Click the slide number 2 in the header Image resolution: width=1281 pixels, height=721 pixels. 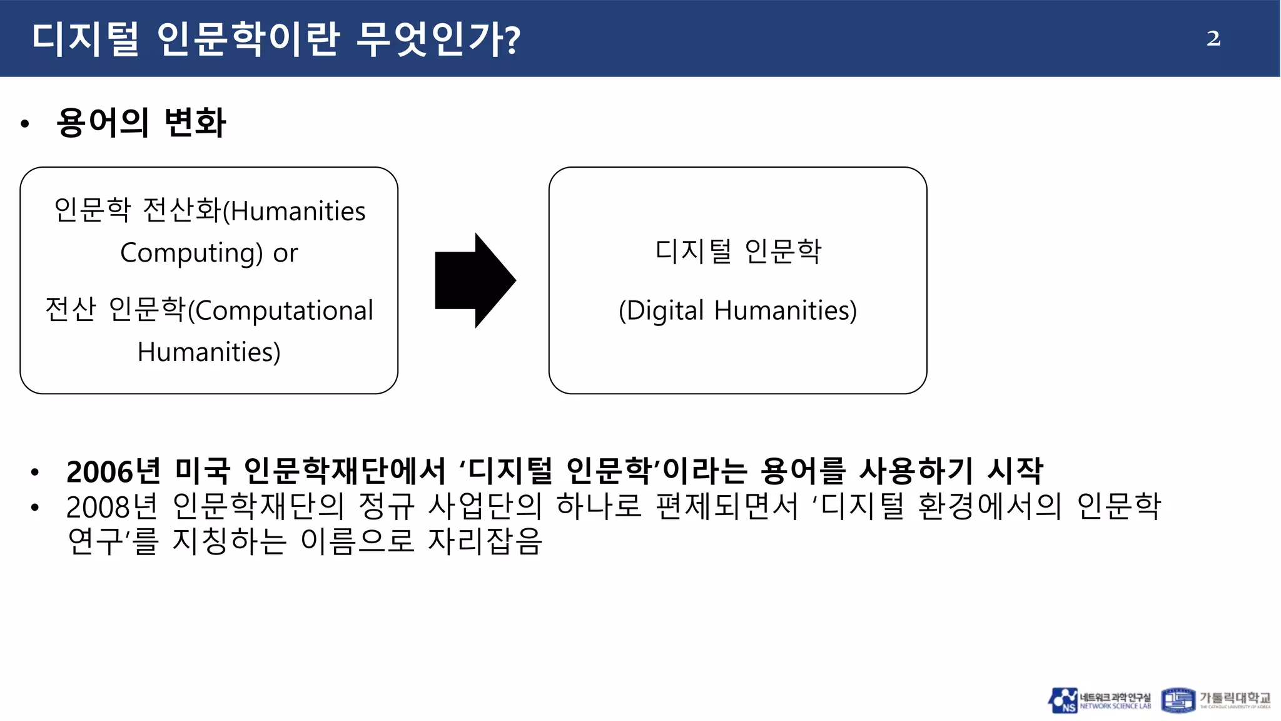pos(1213,39)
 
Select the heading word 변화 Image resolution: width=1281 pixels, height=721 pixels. pos(195,123)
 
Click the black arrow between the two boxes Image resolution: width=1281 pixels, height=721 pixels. pos(475,280)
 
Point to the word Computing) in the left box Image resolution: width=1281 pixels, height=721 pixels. pos(191,253)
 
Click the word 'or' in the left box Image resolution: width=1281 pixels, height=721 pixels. pos(285,253)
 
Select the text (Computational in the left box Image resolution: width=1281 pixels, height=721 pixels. pos(280,310)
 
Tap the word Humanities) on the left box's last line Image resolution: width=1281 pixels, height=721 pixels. pos(209,352)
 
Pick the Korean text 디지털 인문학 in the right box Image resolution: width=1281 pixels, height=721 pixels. pos(738,252)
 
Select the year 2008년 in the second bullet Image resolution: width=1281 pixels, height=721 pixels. pos(113,507)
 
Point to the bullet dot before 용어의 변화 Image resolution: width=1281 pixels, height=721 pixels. pos(25,124)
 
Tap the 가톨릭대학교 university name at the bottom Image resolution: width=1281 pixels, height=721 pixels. pos(1234,698)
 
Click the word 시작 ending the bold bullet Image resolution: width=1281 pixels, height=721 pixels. pos(1015,471)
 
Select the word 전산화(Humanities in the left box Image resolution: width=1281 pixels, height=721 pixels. pos(254,211)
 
